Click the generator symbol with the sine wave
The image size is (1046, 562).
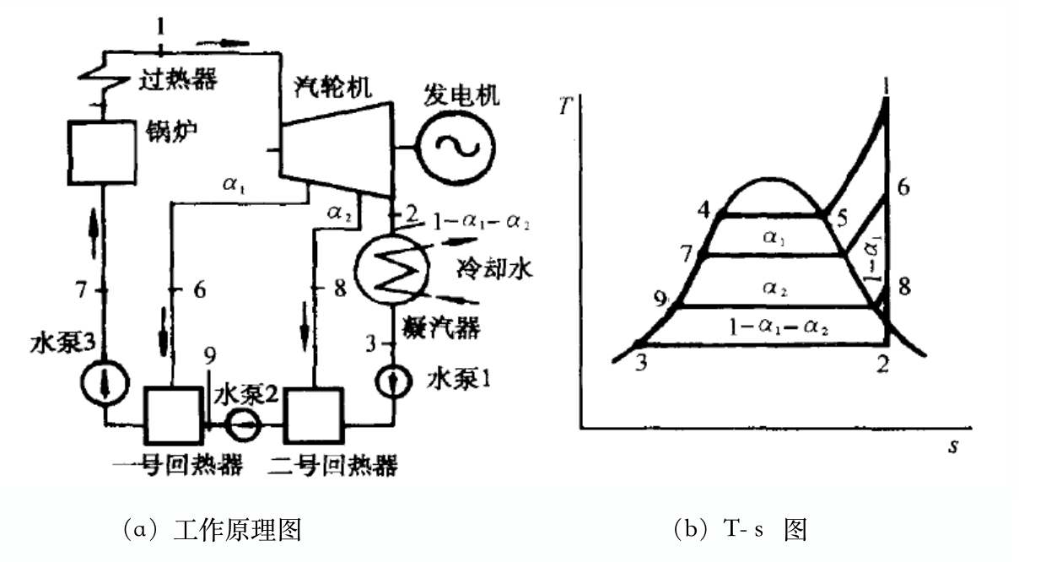[457, 144]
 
